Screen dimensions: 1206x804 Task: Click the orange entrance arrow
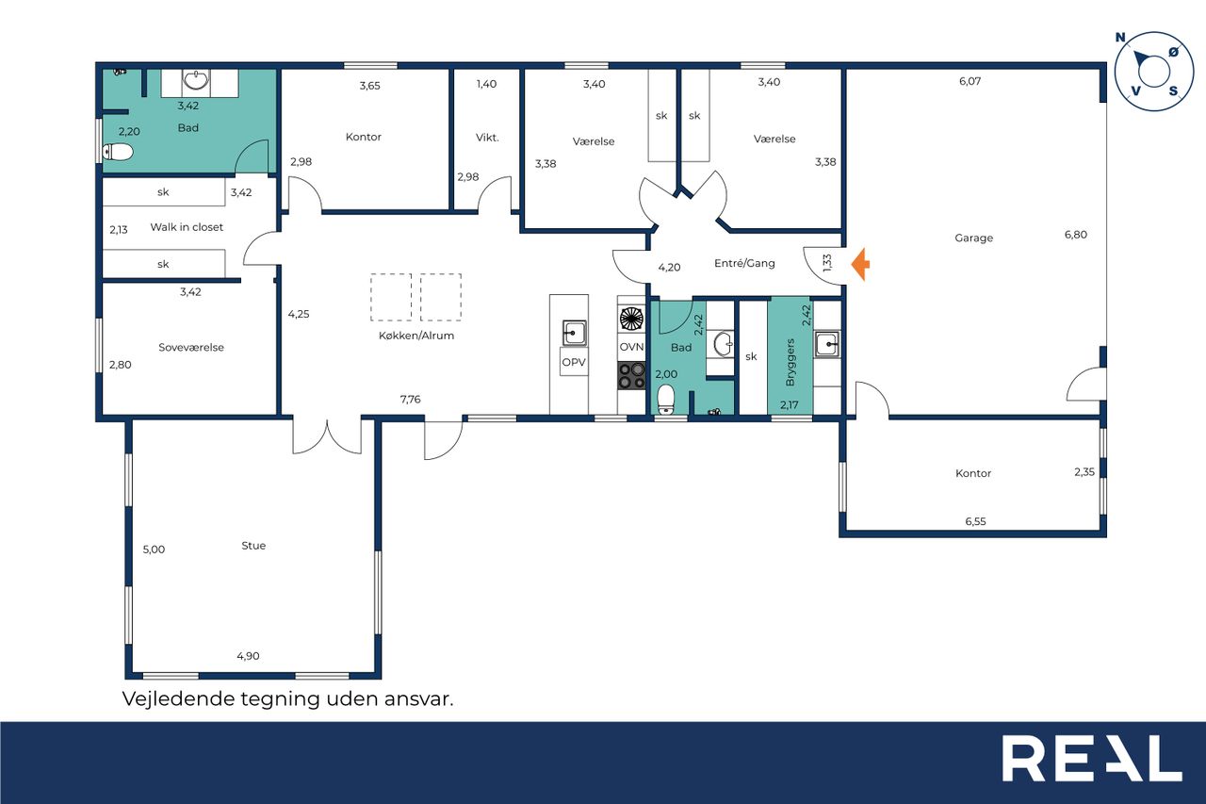point(860,264)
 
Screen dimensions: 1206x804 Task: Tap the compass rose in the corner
point(1154,72)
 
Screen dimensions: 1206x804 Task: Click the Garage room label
point(973,238)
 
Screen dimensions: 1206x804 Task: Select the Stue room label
point(253,546)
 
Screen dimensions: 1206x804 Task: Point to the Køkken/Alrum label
point(416,336)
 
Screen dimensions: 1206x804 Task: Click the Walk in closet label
point(187,227)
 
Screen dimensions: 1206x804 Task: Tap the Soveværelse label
point(191,348)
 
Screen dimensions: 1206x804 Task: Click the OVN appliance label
point(631,347)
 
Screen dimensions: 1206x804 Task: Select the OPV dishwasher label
point(574,363)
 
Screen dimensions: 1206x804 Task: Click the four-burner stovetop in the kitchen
point(631,376)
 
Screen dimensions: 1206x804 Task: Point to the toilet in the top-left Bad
point(118,153)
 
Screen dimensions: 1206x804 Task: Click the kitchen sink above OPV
point(574,333)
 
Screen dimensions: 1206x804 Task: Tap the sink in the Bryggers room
point(826,344)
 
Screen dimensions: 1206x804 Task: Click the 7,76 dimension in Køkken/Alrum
point(410,399)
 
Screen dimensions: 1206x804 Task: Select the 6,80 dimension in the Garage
point(1076,235)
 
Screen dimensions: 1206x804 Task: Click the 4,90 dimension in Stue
point(248,656)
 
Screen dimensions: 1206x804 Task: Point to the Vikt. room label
point(487,138)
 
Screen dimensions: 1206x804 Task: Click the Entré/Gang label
point(744,263)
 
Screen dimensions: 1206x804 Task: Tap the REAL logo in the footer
point(1092,758)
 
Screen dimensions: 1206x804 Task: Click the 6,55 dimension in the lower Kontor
point(975,521)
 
